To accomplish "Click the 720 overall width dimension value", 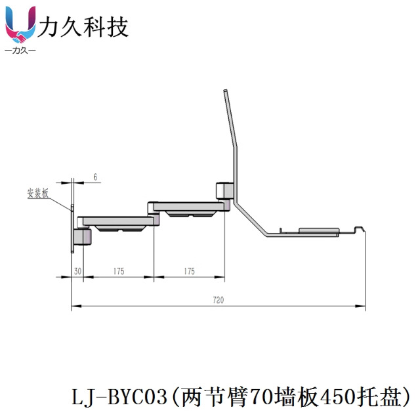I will [x=218, y=300].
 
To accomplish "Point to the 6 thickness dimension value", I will [x=95, y=177].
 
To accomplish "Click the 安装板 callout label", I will [x=37, y=193].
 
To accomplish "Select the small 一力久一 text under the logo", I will [x=20, y=50].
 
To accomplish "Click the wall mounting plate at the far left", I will [x=72, y=230].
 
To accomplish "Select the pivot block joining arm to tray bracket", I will [x=224, y=190].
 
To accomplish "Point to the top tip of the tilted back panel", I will [x=224, y=92].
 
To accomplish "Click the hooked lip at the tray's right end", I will [x=359, y=229].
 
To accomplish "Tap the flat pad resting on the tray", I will [x=318, y=230].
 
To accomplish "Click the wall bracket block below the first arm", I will [x=82, y=236].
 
